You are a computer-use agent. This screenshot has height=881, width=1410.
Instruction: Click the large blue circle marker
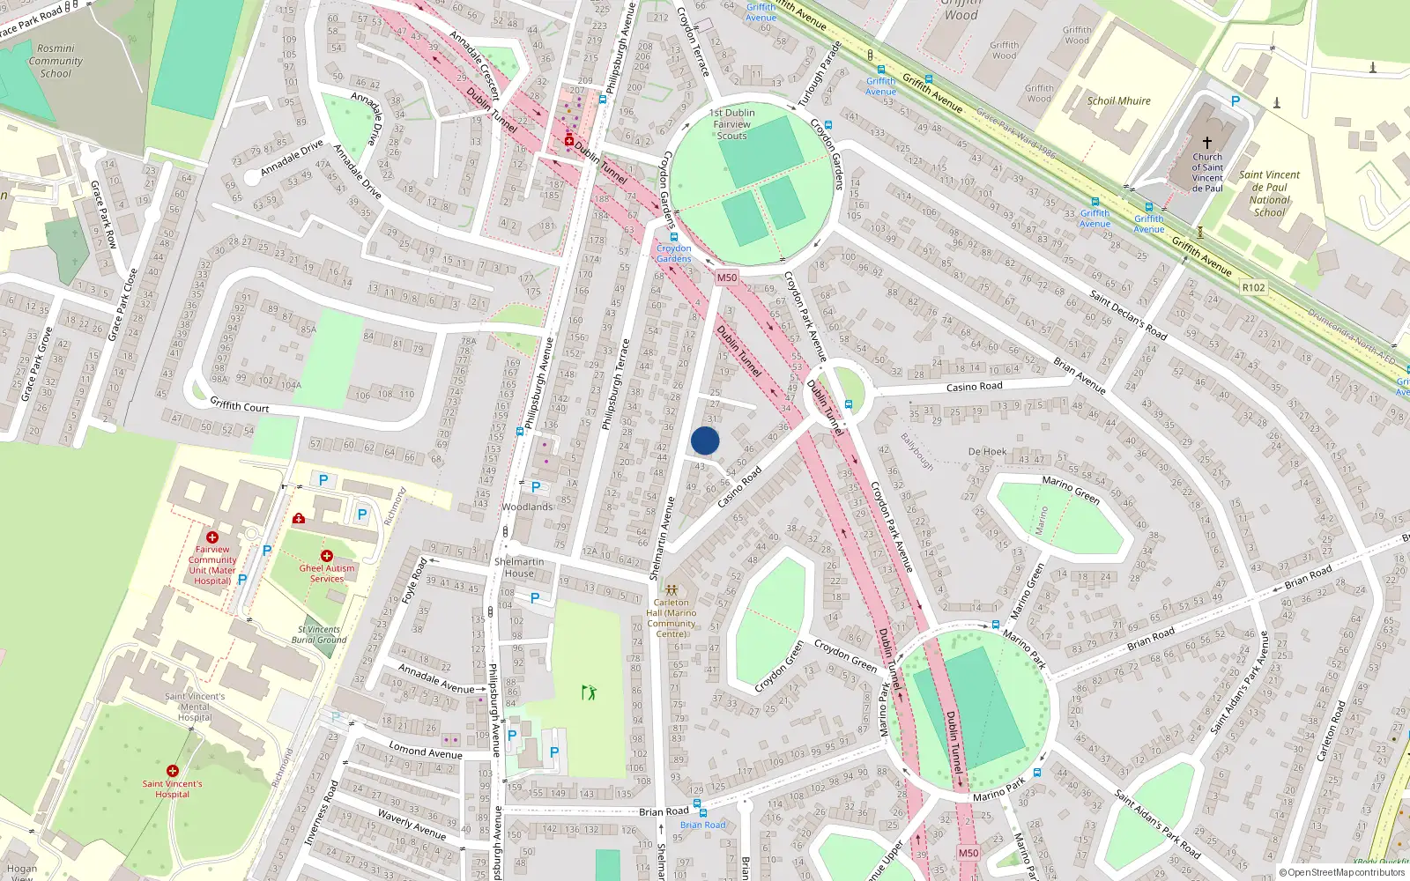click(705, 440)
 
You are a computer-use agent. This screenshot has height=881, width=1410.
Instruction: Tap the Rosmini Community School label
click(56, 61)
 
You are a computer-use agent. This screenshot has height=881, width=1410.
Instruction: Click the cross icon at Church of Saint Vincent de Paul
click(1206, 142)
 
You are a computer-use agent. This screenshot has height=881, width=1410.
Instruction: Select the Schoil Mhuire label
click(1118, 101)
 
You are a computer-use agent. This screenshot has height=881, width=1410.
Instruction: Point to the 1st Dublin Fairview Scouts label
click(731, 124)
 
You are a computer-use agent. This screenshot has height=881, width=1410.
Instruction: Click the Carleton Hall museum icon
click(672, 589)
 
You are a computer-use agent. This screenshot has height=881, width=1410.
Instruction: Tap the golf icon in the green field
click(589, 692)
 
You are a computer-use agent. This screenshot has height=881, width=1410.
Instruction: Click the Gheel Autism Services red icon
click(326, 556)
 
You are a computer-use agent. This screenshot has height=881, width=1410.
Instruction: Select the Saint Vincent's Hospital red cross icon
click(173, 771)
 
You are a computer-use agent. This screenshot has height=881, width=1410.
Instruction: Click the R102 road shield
click(1252, 287)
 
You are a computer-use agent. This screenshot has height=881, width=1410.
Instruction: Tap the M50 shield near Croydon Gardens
click(726, 278)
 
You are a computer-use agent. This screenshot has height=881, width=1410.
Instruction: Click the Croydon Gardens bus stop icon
click(674, 238)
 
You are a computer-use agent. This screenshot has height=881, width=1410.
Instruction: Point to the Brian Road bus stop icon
click(698, 804)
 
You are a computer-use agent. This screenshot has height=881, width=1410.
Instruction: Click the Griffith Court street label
click(240, 405)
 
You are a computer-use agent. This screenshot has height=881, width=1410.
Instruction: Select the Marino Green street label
click(1071, 490)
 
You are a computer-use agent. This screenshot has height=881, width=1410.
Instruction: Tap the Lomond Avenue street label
click(426, 751)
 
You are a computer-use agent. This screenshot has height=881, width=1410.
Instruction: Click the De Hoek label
click(987, 452)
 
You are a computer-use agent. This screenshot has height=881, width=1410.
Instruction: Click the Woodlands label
click(527, 507)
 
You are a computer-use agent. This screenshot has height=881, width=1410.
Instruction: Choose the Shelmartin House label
click(519, 567)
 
